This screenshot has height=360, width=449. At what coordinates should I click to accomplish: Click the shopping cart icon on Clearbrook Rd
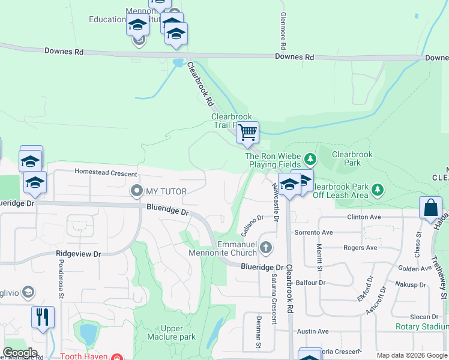[x=247, y=132]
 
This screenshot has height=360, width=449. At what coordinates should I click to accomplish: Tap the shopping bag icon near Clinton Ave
[x=431, y=209]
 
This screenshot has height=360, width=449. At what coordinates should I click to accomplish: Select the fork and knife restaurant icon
[x=42, y=317]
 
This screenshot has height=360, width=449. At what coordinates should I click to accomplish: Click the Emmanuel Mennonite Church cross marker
[x=267, y=247]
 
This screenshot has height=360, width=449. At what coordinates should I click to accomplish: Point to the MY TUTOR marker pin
[x=136, y=191]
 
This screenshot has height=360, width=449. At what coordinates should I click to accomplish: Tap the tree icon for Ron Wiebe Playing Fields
[x=310, y=159]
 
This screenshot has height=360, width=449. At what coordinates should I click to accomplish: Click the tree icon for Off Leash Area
[x=378, y=190]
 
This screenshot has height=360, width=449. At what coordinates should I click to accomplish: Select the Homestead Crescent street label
[x=106, y=172]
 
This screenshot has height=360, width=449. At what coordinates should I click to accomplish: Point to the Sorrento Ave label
[x=313, y=232]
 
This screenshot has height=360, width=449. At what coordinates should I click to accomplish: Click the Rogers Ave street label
[x=360, y=247]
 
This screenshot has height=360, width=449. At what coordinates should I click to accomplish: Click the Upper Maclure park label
[x=179, y=332]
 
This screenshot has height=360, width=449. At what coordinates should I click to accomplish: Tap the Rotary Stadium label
[x=422, y=327]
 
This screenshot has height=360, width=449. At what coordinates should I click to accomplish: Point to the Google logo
[x=20, y=353]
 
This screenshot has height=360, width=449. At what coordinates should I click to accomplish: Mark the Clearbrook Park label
[x=352, y=158]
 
